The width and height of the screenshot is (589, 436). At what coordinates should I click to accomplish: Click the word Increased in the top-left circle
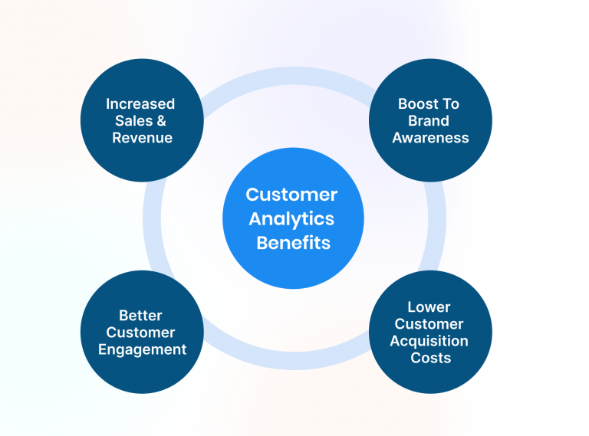140,104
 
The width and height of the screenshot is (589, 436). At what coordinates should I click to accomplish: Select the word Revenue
142,138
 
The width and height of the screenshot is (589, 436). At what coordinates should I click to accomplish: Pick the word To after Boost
451,104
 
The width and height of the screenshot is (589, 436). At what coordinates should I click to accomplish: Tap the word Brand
429,121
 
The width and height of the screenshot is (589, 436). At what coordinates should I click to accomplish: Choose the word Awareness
430,138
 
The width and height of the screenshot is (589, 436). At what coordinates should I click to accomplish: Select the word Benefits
294,243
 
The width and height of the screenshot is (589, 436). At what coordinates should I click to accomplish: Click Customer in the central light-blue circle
291,195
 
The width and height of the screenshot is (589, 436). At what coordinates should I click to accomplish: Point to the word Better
141,315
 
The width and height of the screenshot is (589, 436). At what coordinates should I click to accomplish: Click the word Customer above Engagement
140,333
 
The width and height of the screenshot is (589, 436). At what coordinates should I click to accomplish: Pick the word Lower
429,307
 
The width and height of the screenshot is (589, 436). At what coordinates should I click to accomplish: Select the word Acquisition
429,341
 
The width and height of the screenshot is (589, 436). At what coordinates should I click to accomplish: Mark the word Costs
430,358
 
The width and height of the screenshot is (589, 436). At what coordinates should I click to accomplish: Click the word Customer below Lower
429,324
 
